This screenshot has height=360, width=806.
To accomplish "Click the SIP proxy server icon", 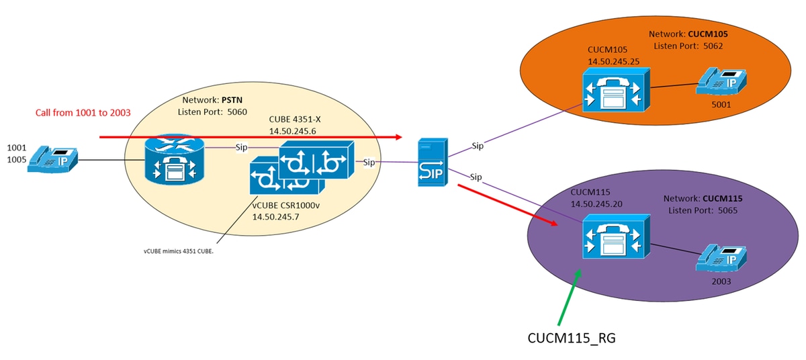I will [430, 162].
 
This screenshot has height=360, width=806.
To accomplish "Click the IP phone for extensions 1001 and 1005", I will [52, 161].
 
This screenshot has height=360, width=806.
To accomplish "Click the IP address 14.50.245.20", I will [602, 203].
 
